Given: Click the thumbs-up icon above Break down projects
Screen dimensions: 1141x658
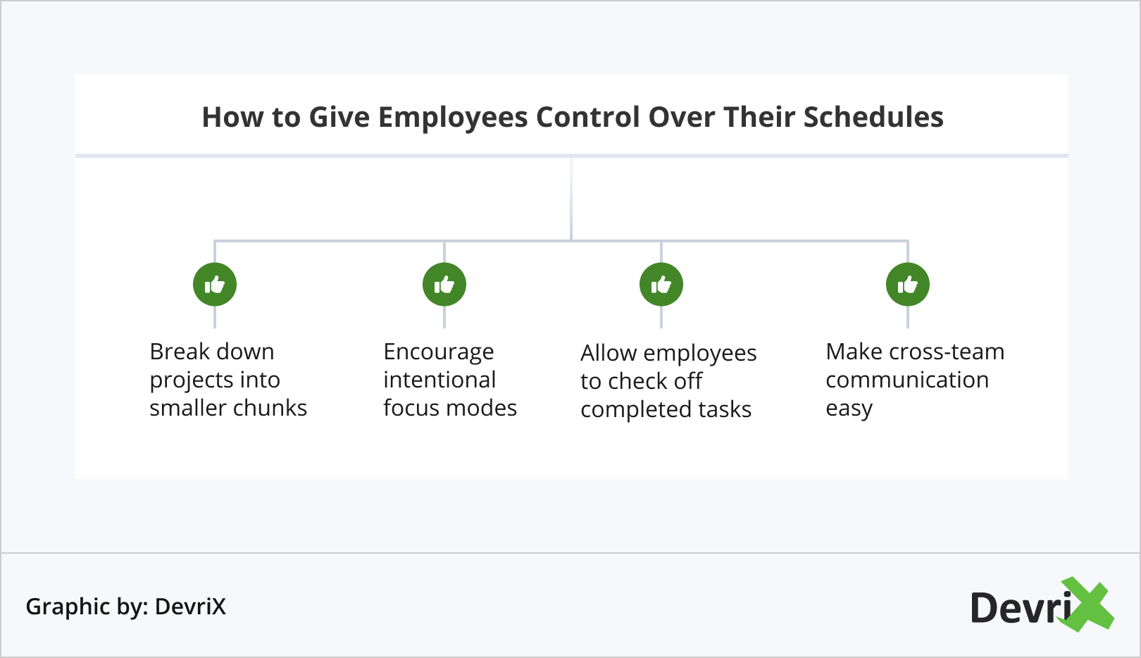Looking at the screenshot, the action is point(214,285).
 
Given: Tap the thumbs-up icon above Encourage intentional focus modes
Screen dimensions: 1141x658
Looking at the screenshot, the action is point(444,285).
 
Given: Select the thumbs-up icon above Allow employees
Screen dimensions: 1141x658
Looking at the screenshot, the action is point(661,285).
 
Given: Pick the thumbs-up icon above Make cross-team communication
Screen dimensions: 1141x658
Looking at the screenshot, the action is point(908,285).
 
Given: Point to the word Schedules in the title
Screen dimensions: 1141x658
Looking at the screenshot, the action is point(873,117).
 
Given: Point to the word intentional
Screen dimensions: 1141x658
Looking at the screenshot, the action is point(439,380).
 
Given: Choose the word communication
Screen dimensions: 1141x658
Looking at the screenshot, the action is point(907,380).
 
